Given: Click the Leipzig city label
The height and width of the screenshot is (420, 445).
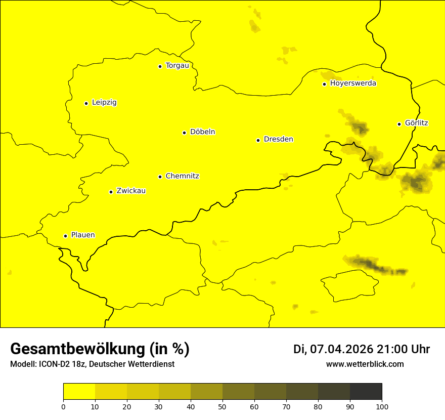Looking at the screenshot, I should [104, 103].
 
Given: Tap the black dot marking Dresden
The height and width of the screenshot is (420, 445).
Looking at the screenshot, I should [258, 140].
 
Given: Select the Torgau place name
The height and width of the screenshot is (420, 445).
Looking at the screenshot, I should [177, 66].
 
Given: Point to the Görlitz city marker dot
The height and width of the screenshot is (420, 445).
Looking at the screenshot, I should [399, 124].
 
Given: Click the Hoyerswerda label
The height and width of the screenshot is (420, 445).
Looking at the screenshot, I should [353, 83].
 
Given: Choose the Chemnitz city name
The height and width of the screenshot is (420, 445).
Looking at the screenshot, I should [182, 177].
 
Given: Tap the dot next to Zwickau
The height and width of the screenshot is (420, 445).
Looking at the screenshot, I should [111, 192].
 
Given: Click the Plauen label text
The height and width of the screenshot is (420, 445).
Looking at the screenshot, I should [83, 235].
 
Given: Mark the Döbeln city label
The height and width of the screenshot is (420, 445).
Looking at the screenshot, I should [202, 132].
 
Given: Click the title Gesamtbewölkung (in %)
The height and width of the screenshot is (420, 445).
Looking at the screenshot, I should [100, 349].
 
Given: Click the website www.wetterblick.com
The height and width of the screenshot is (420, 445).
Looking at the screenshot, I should [365, 364].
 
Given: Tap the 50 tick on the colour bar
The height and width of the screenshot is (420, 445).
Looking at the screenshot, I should [223, 407].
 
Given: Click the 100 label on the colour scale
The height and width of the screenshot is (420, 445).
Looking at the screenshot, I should [382, 407].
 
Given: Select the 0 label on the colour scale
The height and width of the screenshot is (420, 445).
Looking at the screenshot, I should [63, 407].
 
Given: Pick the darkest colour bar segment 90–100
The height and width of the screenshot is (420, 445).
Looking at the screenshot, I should [366, 392].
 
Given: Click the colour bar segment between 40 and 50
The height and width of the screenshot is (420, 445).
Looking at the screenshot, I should [206, 392].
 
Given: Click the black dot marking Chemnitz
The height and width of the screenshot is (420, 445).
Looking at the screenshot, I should [160, 177].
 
